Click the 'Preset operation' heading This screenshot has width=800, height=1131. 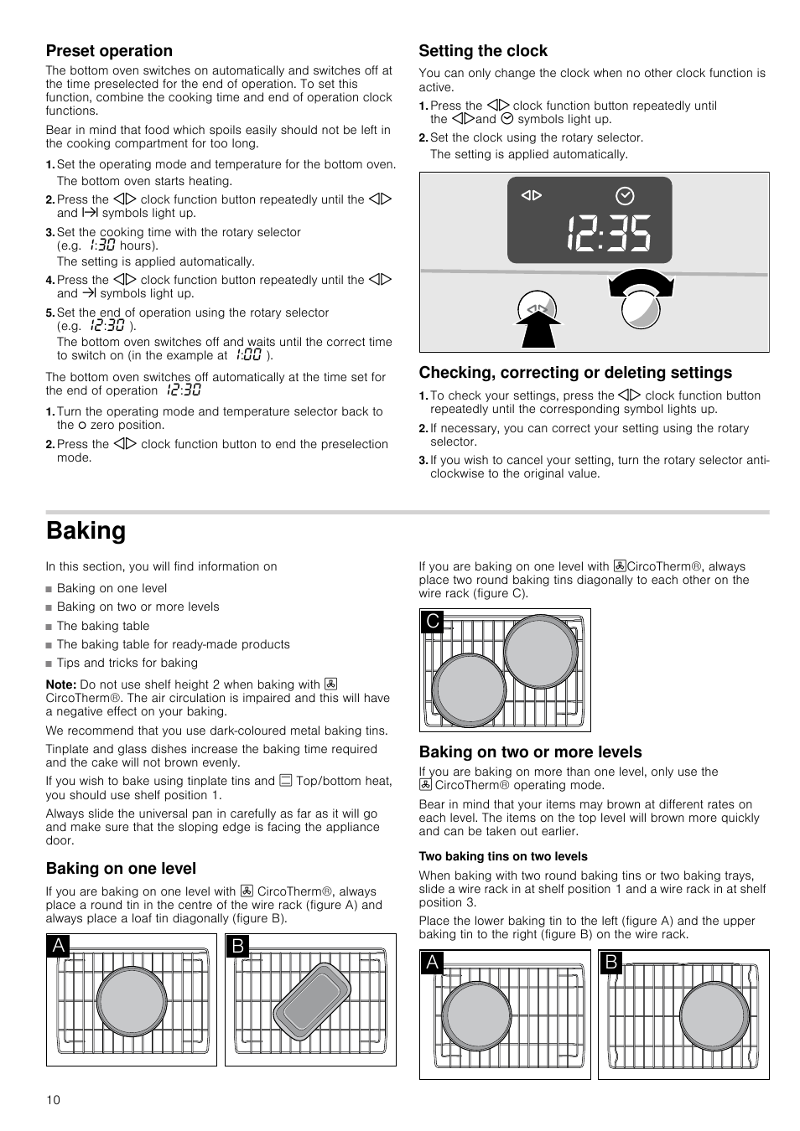tap(109, 51)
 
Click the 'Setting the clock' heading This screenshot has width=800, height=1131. tap(483, 51)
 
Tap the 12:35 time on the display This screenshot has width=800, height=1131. tap(608, 234)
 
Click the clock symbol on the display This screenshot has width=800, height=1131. tap(625, 197)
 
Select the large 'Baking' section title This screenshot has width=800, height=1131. tap(86, 531)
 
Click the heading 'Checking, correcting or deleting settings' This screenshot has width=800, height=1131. tap(575, 373)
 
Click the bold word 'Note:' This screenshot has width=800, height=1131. tap(61, 684)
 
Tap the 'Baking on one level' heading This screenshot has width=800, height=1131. tap(121, 869)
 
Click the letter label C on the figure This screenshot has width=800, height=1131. tap(433, 622)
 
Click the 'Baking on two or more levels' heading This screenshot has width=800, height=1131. tap(530, 752)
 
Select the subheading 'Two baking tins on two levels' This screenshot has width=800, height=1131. tap(503, 856)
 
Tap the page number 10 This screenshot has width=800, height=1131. tap(54, 1100)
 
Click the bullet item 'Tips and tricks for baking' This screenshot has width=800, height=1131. tap(127, 663)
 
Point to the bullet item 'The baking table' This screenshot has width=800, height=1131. tap(103, 626)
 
